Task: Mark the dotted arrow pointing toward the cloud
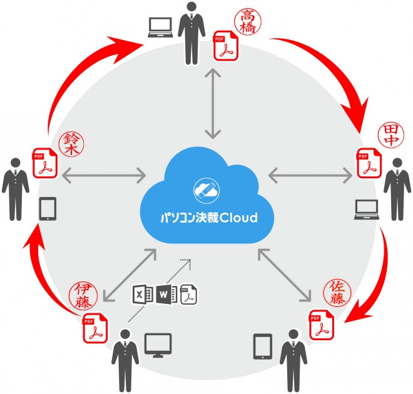160,289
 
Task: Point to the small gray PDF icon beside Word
188,295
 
